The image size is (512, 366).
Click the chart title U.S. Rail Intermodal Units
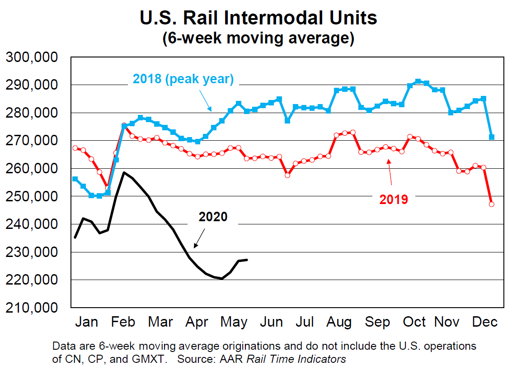tap(258, 18)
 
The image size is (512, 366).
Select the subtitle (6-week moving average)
tap(258, 38)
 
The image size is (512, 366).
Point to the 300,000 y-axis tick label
tap(32, 57)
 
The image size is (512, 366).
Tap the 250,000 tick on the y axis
tap(32, 196)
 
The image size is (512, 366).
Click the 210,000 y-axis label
tap(32, 308)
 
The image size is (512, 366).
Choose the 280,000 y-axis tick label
tap(32, 113)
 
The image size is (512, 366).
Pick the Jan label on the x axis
tap(86, 322)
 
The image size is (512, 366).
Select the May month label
tap(234, 322)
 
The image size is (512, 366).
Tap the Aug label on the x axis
tap(339, 322)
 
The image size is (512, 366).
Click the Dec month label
tap(484, 322)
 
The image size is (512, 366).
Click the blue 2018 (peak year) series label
tap(183, 80)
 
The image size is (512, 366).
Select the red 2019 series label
tap(394, 199)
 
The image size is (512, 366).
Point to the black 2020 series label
tap(213, 217)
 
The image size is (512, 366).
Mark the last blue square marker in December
tap(492, 137)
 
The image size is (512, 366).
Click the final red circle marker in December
tap(492, 204)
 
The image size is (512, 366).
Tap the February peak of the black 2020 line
tap(124, 172)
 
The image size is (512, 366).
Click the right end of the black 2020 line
tap(247, 260)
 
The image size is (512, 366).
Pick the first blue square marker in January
tap(75, 179)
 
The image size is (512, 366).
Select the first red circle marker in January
tap(75, 148)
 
